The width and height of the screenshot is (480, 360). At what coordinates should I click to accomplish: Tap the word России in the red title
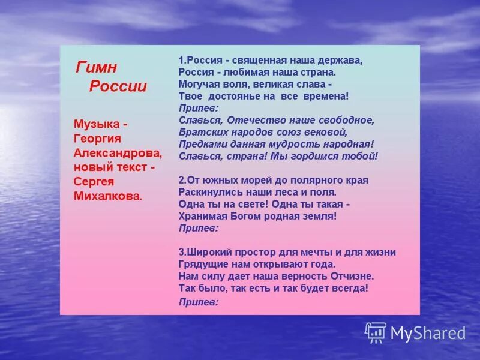118,86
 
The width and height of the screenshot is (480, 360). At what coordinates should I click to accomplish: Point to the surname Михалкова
108,196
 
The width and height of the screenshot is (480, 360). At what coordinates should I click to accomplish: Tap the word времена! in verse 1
329,95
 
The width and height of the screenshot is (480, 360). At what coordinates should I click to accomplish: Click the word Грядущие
200,264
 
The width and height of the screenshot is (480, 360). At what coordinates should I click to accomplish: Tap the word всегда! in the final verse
348,288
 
